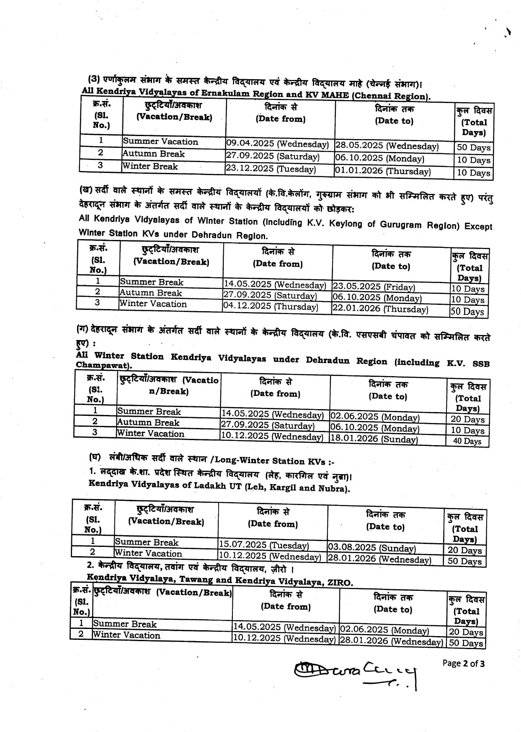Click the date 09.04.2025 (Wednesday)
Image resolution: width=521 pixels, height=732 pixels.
(277, 144)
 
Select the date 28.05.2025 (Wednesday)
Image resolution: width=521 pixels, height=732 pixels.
(387, 147)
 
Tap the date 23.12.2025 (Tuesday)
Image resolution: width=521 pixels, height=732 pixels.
(271, 169)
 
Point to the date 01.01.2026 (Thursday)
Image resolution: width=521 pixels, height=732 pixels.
(382, 171)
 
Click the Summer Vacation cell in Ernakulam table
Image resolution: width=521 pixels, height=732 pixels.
(160, 142)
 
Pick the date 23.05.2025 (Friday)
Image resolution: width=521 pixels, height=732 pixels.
(374, 287)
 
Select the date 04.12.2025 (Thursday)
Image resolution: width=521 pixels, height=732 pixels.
(270, 307)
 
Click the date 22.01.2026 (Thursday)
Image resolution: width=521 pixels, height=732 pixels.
(380, 309)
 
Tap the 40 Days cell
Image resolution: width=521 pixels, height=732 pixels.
(467, 441)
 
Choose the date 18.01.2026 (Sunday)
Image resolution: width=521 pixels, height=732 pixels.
(374, 439)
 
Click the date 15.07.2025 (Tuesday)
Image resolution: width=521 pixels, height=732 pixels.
(263, 546)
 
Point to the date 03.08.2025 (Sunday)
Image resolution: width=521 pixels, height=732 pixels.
(371, 548)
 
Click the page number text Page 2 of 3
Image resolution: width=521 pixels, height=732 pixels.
(464, 663)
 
